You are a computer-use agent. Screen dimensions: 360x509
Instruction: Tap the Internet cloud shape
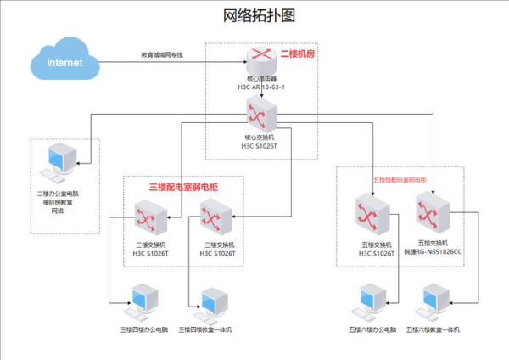point(65,62)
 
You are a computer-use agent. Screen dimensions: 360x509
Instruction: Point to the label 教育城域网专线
point(162,55)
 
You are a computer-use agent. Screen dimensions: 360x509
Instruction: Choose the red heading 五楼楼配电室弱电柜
point(400,180)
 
